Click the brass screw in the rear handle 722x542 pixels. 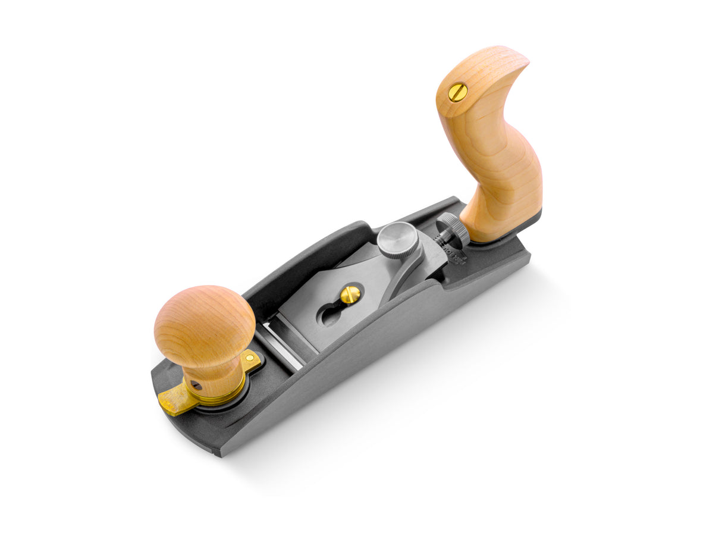[457, 92]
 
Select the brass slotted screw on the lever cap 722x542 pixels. [350, 293]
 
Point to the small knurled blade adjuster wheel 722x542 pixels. [453, 229]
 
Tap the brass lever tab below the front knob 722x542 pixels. [173, 404]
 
